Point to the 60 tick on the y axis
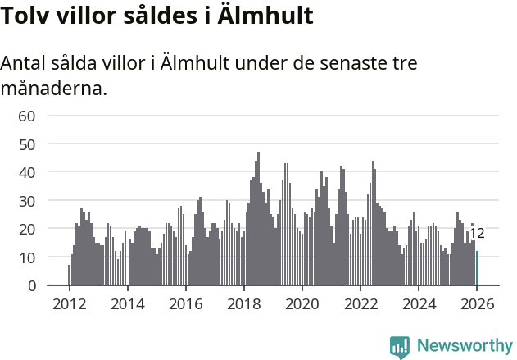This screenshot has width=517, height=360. (x=26, y=116)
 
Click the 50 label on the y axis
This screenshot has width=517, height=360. (x=26, y=144)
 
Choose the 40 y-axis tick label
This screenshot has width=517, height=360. (x=26, y=172)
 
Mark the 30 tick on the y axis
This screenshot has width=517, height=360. (x=26, y=201)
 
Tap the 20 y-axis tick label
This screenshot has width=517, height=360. (x=26, y=229)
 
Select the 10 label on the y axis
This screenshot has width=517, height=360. (x=26, y=257)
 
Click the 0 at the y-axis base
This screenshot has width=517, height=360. (x=31, y=285)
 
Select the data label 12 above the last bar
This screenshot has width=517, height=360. (x=477, y=234)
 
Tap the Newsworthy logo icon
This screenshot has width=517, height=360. (x=400, y=347)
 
